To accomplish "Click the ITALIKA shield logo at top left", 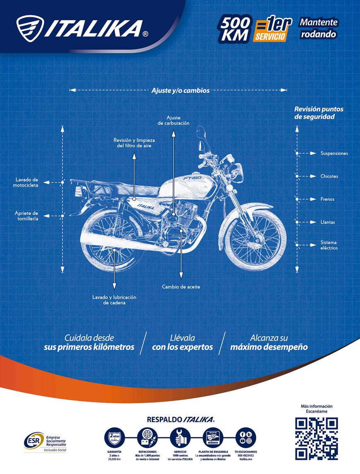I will tap(29, 29).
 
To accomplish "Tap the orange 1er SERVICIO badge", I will tap(270, 30).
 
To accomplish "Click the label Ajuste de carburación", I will tap(173, 120).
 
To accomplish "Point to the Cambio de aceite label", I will tap(181, 287).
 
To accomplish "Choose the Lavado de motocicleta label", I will tap(27, 183).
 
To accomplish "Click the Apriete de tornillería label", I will tap(26, 216).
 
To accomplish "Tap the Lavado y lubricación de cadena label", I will tap(114, 300).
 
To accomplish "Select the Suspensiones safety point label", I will tap(334, 154).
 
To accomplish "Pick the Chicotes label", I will tap(329, 176).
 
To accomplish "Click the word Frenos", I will tap(327, 199).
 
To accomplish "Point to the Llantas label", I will tap(328, 222).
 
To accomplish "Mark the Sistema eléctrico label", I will tap(329, 245).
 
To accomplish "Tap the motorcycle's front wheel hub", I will tap(253, 241).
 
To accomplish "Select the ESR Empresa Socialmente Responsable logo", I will tap(45, 442).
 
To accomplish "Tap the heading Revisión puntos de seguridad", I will tap(319, 113).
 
